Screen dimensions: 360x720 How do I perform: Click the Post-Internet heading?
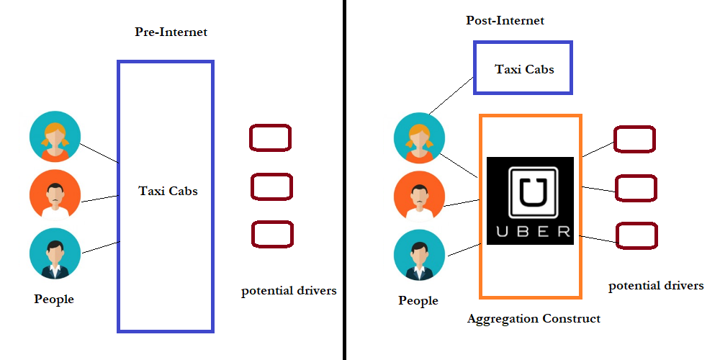[x=505, y=20]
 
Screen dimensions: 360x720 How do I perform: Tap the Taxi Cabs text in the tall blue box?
[x=168, y=191]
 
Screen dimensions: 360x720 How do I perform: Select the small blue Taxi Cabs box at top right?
[x=523, y=68]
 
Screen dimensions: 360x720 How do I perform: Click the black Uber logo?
[x=530, y=201]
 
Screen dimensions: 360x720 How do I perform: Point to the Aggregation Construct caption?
[x=534, y=318]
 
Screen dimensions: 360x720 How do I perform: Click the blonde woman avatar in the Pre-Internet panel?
[x=55, y=136]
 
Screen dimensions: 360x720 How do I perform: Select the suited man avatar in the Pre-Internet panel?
[x=55, y=254]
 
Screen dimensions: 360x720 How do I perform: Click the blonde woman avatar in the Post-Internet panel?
[x=420, y=139]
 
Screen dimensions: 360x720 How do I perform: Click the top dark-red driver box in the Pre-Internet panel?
[x=270, y=138]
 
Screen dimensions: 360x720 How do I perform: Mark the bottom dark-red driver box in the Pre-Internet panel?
[x=272, y=235]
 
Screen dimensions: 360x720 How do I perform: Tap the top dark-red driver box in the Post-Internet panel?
[x=634, y=139]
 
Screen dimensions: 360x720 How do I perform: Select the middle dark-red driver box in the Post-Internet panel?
[x=636, y=188]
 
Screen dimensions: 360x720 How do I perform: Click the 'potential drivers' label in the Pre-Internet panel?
[x=289, y=291]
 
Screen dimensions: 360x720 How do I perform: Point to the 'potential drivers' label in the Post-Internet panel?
[x=656, y=286]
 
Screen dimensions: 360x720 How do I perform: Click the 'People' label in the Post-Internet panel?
[x=418, y=300]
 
